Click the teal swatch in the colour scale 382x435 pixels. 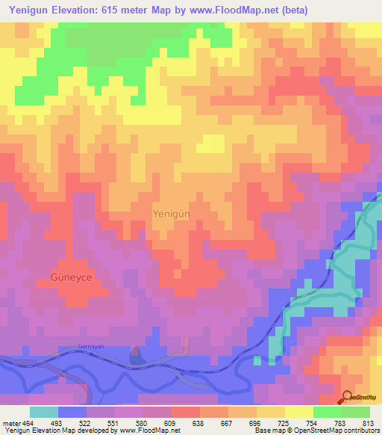pos(44,412)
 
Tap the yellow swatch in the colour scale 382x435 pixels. pos(300,412)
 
